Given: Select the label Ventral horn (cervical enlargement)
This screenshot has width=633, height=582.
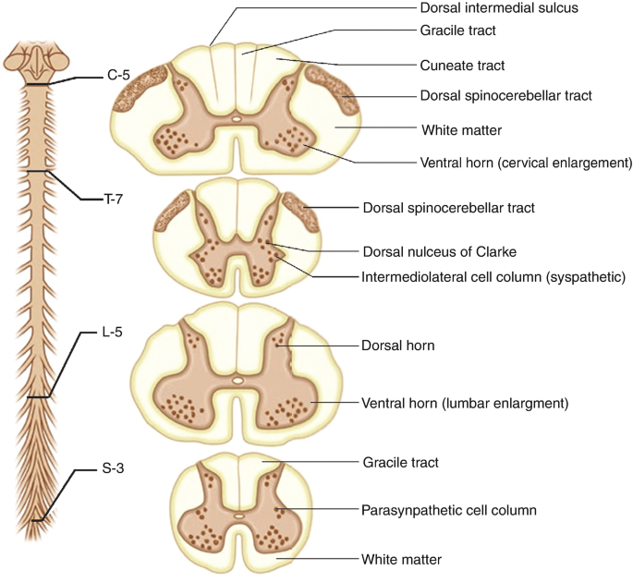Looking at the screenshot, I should pos(526,164).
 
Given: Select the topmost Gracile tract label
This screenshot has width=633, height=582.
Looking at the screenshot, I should pos(456,30).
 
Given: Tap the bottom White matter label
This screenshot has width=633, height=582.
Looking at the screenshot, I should pos(401,559).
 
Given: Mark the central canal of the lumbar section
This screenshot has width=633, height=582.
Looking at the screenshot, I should pos(237,380).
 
